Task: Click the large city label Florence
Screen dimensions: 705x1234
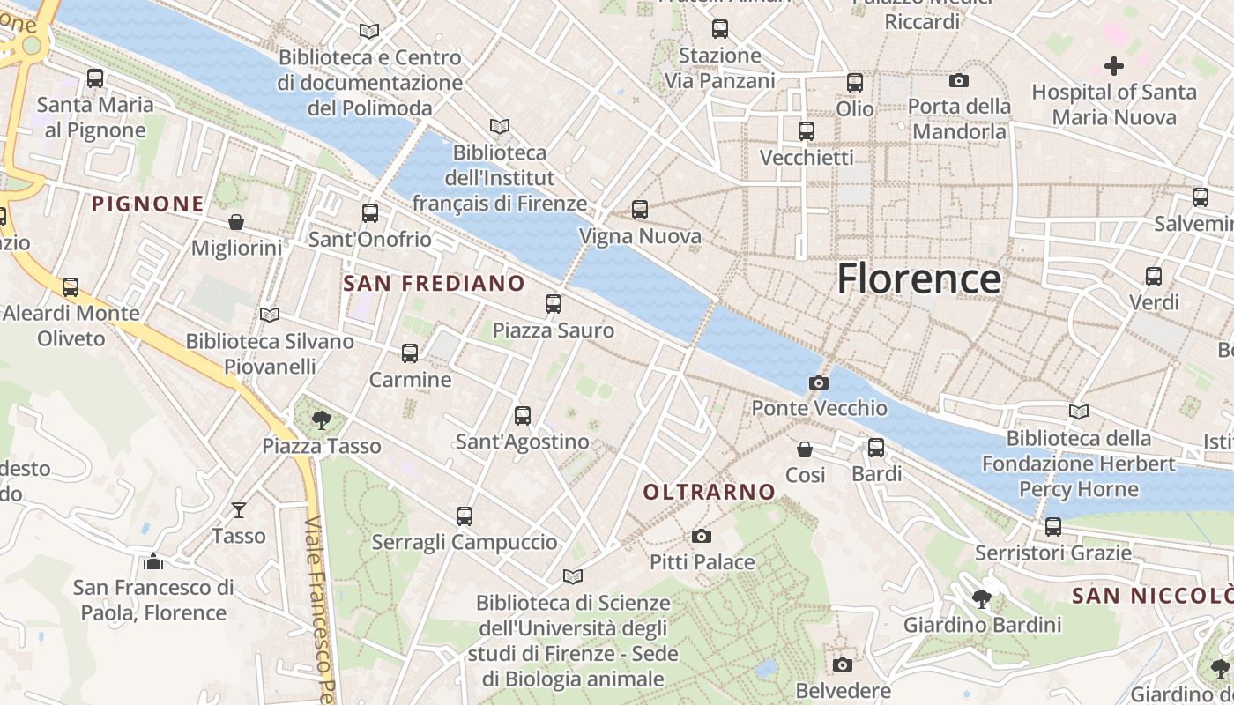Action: click(x=918, y=278)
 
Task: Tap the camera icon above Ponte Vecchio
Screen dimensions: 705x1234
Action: click(x=818, y=382)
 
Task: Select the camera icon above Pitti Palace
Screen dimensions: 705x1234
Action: click(x=702, y=536)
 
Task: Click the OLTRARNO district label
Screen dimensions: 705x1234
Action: click(x=710, y=492)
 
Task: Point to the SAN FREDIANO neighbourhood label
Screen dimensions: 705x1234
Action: click(x=434, y=283)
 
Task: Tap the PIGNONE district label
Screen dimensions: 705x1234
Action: click(x=148, y=204)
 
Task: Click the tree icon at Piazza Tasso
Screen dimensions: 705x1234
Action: click(x=321, y=420)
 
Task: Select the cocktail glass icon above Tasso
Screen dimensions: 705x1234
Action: click(x=239, y=509)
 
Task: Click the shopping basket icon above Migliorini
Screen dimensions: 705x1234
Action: click(x=236, y=221)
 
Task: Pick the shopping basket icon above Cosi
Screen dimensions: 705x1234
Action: click(x=805, y=449)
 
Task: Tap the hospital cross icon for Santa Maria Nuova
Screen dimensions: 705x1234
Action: click(x=1114, y=65)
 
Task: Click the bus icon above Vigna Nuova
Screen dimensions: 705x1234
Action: click(x=640, y=210)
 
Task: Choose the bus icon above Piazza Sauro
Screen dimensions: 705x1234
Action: click(x=554, y=304)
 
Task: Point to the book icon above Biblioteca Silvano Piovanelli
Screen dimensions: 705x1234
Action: click(x=270, y=315)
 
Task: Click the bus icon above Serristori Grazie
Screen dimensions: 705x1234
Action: click(x=1052, y=527)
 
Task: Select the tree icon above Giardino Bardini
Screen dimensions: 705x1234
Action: click(x=982, y=600)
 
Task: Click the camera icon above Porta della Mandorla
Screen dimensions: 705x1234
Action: click(x=959, y=81)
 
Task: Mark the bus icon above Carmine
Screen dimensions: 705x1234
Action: click(x=410, y=353)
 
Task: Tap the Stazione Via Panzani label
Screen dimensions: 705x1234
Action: click(x=719, y=68)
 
